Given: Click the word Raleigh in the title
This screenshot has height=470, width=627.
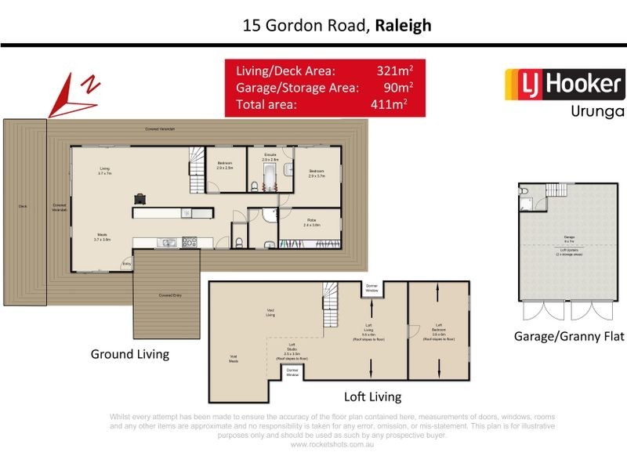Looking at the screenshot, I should click(x=404, y=25).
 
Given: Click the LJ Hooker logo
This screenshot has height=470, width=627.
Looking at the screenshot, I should click(x=563, y=84).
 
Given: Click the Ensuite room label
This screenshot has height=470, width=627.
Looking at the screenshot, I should click(x=268, y=157).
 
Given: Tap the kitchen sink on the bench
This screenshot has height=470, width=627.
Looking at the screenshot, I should click(x=167, y=242).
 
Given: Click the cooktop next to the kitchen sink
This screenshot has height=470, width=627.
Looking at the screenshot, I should click(x=189, y=242).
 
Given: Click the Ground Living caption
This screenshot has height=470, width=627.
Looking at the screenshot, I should click(x=130, y=354).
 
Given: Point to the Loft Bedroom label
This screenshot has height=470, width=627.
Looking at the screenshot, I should click(x=438, y=329).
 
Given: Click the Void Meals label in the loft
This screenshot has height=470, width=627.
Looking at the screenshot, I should click(x=233, y=359).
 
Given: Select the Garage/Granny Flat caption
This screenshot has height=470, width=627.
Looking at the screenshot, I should click(x=568, y=337).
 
